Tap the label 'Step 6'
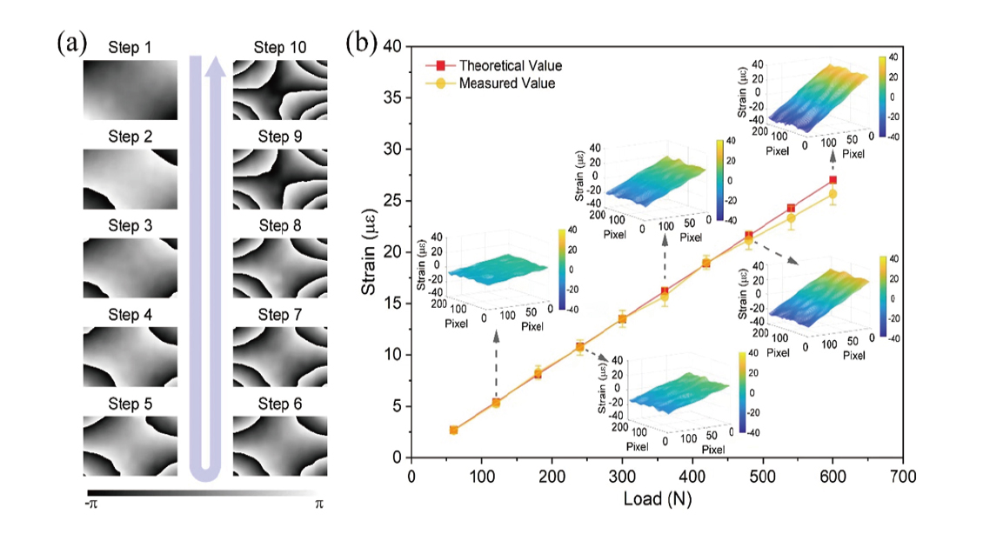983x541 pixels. click(x=281, y=404)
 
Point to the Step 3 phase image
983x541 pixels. click(x=130, y=268)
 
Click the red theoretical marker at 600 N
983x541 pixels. click(x=833, y=180)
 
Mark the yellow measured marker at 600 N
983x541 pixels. click(x=833, y=194)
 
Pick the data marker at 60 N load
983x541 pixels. click(x=453, y=430)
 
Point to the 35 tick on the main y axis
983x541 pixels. click(x=397, y=97)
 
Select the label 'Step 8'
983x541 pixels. click(x=281, y=225)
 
